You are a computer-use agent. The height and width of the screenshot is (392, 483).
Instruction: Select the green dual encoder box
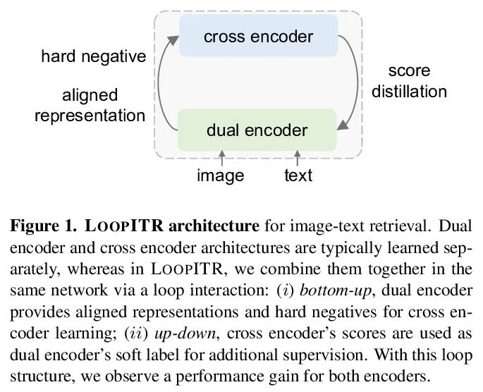(257, 130)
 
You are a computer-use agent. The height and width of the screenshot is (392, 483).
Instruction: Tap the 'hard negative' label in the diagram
(92, 57)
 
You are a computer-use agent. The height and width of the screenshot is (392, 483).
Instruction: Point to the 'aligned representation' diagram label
(90, 105)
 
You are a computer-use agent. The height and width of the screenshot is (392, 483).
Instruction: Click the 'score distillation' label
(409, 81)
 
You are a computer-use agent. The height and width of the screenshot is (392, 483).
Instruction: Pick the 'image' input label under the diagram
(220, 175)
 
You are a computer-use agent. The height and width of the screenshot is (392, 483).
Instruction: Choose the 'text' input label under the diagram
(298, 175)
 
